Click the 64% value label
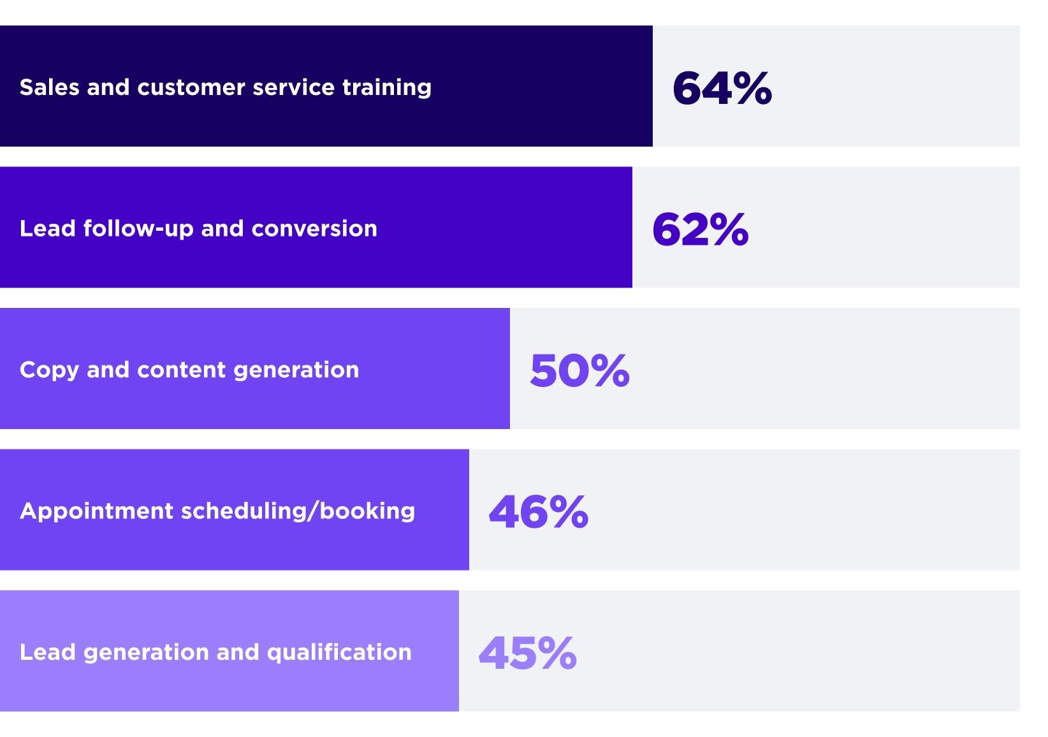click(722, 88)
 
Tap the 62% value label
click(700, 230)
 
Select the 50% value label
click(579, 370)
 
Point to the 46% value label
click(539, 512)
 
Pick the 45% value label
click(528, 653)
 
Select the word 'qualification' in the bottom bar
click(339, 653)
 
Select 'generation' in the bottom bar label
click(146, 653)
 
